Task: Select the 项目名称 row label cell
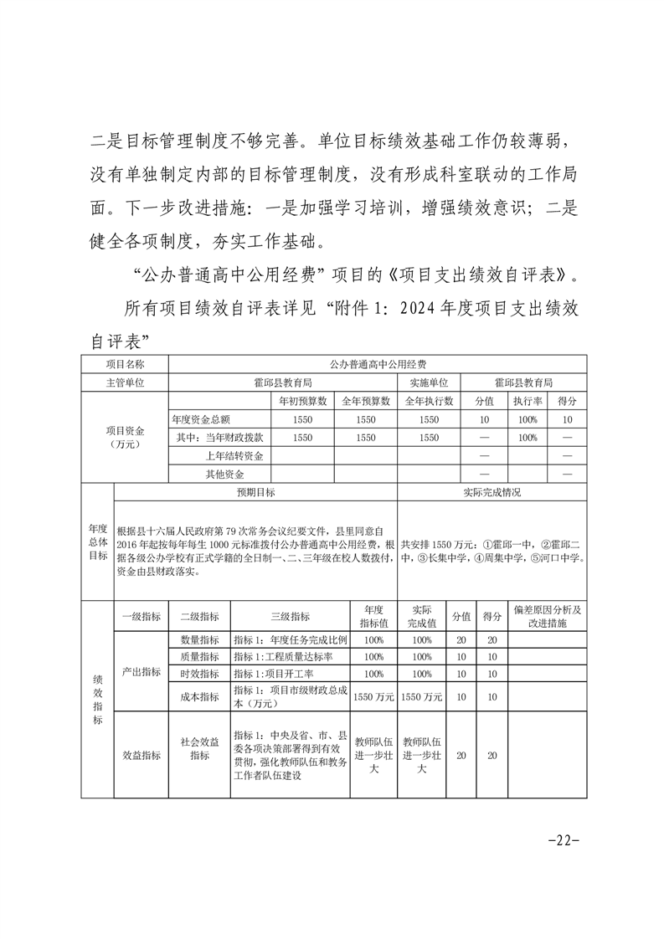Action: [x=125, y=364]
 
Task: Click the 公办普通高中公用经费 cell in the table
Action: [x=378, y=364]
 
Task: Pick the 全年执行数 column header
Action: [x=429, y=401]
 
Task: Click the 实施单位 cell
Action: [x=429, y=382]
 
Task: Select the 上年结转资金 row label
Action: [x=234, y=456]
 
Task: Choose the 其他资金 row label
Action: [x=224, y=475]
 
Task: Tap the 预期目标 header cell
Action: [x=255, y=493]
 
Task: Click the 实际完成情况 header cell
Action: [x=492, y=493]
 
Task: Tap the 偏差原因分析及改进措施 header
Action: [x=547, y=617]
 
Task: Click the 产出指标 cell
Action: [x=142, y=671]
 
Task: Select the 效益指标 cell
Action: [x=142, y=755]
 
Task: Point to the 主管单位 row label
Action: [x=125, y=382]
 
